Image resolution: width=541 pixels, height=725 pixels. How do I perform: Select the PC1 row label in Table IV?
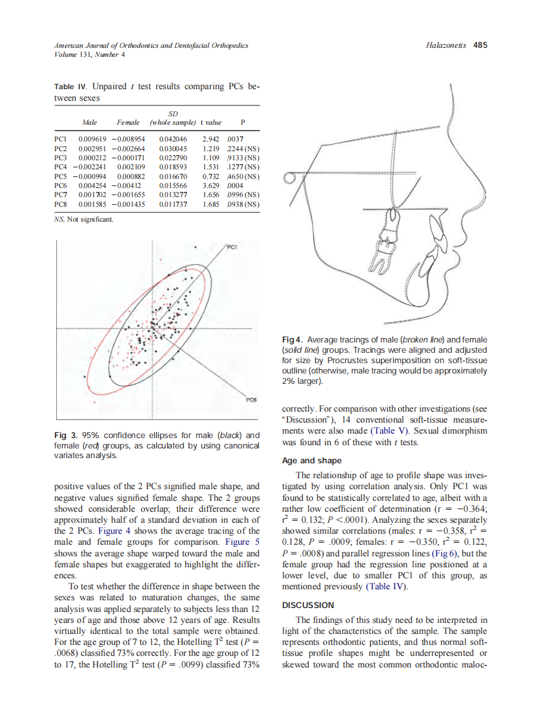[60, 138]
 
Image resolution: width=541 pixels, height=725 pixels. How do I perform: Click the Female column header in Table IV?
[128, 122]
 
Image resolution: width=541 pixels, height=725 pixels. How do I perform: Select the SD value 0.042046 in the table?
[172, 138]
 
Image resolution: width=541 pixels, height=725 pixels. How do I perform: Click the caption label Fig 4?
[292, 340]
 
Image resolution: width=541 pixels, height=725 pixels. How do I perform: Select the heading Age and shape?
[312, 461]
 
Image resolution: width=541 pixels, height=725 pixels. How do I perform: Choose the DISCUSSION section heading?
[309, 605]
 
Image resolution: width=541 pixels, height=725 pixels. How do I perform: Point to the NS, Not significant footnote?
[84, 220]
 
